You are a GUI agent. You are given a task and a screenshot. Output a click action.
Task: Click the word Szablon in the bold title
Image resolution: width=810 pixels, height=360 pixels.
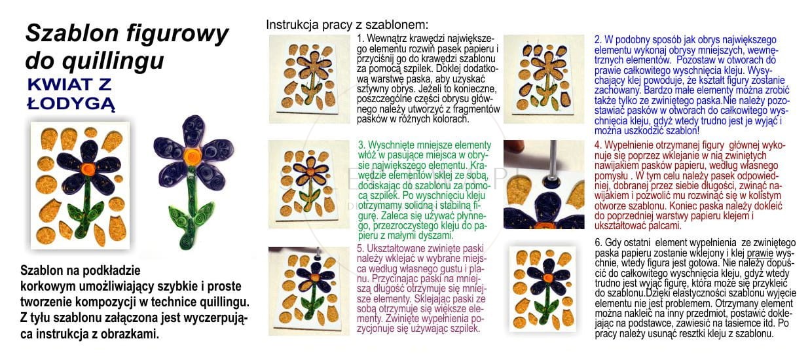point(72,33)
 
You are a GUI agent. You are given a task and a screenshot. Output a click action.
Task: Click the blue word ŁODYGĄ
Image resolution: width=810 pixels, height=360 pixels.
point(71,103)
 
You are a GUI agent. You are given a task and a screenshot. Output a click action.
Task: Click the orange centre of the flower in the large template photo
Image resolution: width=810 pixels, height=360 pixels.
point(88,168)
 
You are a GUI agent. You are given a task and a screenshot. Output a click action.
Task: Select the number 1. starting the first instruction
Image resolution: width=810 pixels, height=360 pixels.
point(360,39)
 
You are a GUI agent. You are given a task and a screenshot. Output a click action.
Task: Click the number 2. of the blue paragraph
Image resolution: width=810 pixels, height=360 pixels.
point(598,39)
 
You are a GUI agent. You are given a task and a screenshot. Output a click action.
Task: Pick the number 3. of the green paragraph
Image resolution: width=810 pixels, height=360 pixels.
point(361,145)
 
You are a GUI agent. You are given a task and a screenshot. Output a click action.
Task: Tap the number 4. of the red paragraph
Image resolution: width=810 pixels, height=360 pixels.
point(598,145)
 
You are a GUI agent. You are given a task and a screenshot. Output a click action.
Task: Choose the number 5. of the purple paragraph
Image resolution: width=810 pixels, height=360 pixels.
point(360,248)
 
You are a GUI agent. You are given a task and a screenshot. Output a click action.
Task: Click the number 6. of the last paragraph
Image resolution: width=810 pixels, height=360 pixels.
point(598,242)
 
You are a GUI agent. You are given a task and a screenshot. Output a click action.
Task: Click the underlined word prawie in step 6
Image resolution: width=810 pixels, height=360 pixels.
point(760,253)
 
